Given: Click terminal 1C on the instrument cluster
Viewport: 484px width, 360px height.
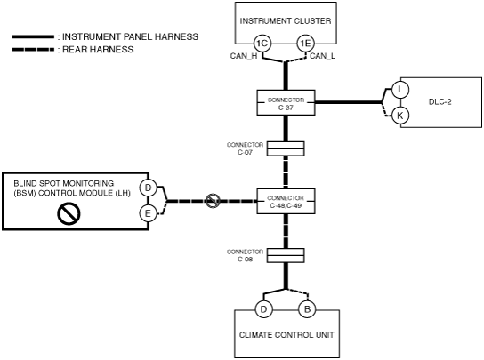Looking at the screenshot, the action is click(x=262, y=44).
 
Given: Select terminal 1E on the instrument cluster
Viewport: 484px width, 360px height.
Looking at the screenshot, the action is click(x=305, y=44).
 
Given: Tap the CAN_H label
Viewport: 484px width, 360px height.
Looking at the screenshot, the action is click(x=244, y=56).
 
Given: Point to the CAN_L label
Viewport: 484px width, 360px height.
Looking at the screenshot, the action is click(x=322, y=56).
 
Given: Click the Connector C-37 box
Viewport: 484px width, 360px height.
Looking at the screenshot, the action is click(x=286, y=103).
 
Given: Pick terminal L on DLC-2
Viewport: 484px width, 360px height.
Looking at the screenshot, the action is click(x=400, y=90).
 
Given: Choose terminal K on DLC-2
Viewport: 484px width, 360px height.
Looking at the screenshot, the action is click(x=400, y=116).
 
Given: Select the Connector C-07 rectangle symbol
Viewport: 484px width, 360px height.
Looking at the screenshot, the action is click(x=286, y=148).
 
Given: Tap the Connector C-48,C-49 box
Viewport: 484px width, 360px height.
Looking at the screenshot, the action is click(x=286, y=201).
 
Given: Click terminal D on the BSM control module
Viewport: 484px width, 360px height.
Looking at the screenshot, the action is click(x=149, y=188).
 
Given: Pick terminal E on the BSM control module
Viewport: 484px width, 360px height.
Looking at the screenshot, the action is click(x=149, y=213).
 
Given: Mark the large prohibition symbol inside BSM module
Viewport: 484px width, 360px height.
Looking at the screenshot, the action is click(x=69, y=214).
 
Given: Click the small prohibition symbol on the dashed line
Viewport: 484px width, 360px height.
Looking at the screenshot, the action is click(x=213, y=201).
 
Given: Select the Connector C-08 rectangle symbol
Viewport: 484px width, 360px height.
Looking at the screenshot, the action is click(x=286, y=255).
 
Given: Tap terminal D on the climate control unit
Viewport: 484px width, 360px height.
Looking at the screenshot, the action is click(x=264, y=309).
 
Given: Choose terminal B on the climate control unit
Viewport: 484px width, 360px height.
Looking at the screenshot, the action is click(x=307, y=309).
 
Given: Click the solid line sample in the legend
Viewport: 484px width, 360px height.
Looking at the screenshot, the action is click(x=33, y=37).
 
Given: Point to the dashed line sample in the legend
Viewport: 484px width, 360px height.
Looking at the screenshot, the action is click(x=33, y=50).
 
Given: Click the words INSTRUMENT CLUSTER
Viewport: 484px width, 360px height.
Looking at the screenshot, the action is click(x=286, y=21).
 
